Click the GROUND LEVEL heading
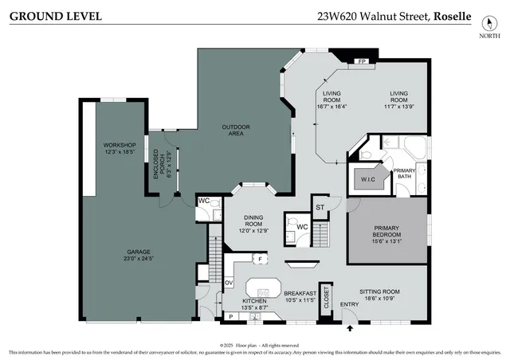pyautogui.click(x=55, y=16)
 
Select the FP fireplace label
pyautogui.click(x=361, y=61)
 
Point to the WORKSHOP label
pyautogui.click(x=120, y=145)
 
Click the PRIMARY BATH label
pyautogui.click(x=405, y=174)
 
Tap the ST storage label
pyautogui.click(x=320, y=207)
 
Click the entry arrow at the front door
pyautogui.click(x=351, y=326)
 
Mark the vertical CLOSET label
pyautogui.click(x=325, y=299)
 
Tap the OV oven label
pyautogui.click(x=228, y=282)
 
